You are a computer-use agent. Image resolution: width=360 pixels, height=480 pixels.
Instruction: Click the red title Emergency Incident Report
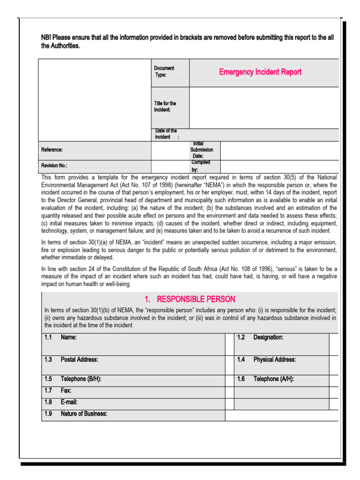click(260, 72)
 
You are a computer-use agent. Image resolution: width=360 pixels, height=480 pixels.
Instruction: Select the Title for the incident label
click(165, 106)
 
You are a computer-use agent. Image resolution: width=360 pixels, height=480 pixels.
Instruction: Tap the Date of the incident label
click(166, 134)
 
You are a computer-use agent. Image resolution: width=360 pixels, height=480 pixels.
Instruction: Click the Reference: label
click(52, 150)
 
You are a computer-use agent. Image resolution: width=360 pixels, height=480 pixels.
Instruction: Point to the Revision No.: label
click(54, 165)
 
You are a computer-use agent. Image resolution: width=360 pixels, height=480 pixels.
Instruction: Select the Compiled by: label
click(201, 166)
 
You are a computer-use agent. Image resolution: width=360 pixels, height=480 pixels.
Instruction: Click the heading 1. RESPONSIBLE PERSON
click(190, 299)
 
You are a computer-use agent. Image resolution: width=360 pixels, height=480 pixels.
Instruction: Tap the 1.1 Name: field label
click(68, 337)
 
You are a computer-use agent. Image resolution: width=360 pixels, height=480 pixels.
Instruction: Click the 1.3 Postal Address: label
click(79, 360)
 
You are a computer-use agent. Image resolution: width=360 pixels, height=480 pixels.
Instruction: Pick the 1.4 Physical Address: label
click(274, 360)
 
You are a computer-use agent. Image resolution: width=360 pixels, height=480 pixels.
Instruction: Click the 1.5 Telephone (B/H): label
click(81, 379)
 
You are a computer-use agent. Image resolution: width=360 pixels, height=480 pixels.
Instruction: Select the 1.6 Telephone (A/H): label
click(274, 379)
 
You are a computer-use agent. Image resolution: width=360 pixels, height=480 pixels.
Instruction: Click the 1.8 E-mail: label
click(69, 402)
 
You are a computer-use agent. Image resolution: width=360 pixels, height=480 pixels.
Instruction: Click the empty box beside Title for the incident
click(263, 107)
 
